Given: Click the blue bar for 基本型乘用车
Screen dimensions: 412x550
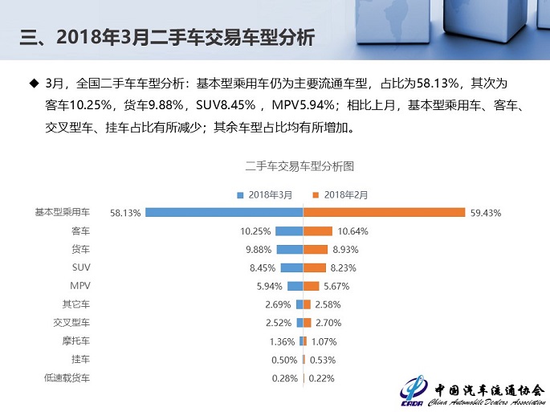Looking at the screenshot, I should [224, 212].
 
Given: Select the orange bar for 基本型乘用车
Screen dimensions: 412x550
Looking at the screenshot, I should [384, 212].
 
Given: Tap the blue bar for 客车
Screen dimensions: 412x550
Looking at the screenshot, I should [289, 230].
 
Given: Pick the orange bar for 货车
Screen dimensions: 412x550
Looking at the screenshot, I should [316, 249].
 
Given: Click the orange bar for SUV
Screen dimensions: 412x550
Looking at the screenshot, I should [314, 267].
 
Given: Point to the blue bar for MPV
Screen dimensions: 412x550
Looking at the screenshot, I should [295, 286].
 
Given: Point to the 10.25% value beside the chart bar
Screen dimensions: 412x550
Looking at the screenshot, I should [255, 231].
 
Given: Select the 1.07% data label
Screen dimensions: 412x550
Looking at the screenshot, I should [324, 341].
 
